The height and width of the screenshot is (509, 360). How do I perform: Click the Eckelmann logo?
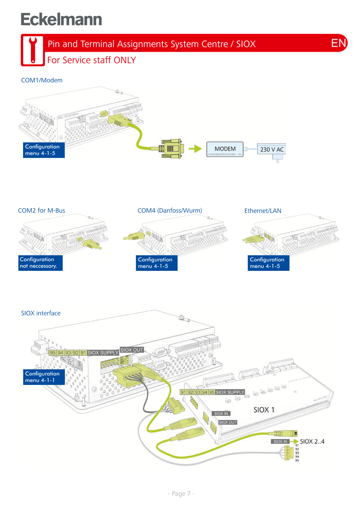pyautogui.click(x=61, y=20)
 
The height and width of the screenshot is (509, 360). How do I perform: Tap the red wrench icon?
pyautogui.click(x=32, y=50)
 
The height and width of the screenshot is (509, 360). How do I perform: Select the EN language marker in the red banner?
pyautogui.click(x=339, y=43)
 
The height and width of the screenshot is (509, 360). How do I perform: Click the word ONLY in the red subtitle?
pyautogui.click(x=125, y=60)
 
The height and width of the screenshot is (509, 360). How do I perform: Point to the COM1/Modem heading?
pyautogui.click(x=42, y=80)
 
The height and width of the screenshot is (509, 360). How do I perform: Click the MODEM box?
pyautogui.click(x=225, y=149)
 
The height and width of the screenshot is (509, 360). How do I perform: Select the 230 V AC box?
pyautogui.click(x=272, y=150)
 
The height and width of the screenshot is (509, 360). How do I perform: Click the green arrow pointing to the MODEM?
pyautogui.click(x=198, y=149)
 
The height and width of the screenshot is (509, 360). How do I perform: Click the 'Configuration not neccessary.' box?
pyautogui.click(x=40, y=263)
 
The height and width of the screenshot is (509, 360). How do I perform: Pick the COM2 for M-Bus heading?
pyautogui.click(x=42, y=211)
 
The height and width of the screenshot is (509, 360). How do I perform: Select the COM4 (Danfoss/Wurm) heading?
pyautogui.click(x=170, y=211)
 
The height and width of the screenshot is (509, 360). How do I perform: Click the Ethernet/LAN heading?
pyautogui.click(x=263, y=211)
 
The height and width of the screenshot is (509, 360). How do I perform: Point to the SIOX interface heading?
pyautogui.click(x=41, y=313)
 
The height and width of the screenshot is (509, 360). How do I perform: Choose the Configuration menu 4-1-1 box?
pyautogui.click(x=44, y=377)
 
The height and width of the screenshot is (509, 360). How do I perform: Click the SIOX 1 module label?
pyautogui.click(x=264, y=410)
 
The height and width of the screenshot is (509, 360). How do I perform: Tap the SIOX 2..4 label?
pyautogui.click(x=313, y=442)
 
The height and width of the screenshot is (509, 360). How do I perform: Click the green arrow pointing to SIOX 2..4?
pyautogui.click(x=294, y=442)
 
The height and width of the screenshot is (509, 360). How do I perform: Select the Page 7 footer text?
pyautogui.click(x=181, y=493)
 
